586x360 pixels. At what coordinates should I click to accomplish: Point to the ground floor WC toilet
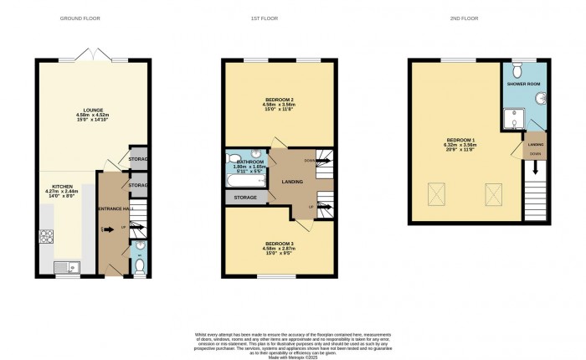(139, 267)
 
